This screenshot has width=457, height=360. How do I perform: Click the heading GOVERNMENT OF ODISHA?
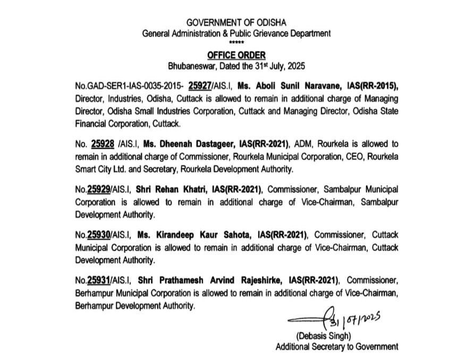click(x=236, y=22)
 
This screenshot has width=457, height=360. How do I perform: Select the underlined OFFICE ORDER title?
click(x=236, y=55)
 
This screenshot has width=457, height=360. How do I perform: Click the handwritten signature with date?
click(x=335, y=319)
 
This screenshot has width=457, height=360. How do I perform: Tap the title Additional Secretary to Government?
click(x=336, y=347)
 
